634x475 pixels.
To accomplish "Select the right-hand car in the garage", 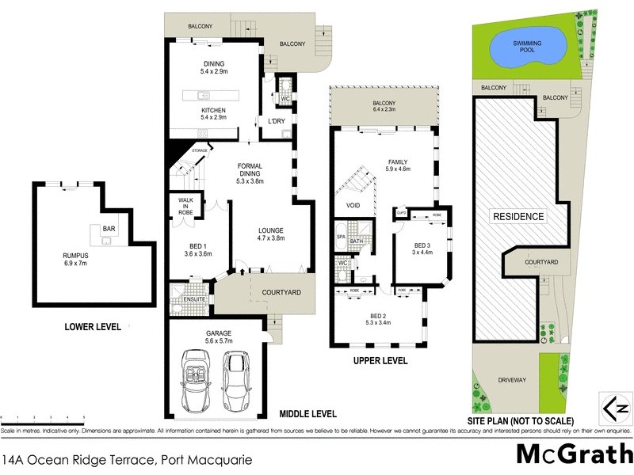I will point(236,375).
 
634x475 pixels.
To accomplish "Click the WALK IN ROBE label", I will point(185,207).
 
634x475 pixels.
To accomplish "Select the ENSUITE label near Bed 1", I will point(194,299).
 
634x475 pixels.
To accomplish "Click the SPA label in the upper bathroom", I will point(341,237).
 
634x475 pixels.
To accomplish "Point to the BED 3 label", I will point(422,245).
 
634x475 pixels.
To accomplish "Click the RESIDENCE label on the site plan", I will point(519,216).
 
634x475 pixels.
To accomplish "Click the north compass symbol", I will point(615,408).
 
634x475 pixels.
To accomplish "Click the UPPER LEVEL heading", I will point(380,360).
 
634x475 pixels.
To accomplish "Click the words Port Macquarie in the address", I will point(207,459).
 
